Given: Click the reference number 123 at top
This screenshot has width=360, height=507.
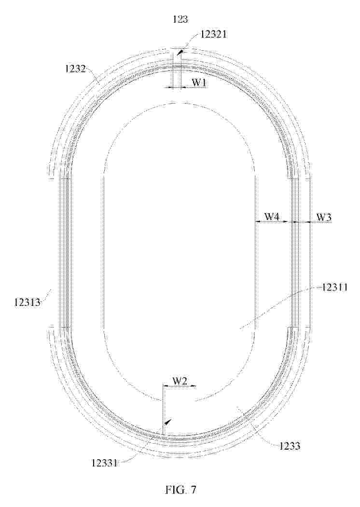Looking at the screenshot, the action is point(180,19).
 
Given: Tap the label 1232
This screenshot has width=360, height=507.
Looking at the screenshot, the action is point(75,68).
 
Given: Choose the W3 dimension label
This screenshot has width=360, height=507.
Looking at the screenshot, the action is point(323,217).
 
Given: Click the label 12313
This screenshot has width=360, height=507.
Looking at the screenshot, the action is point(27,302).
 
